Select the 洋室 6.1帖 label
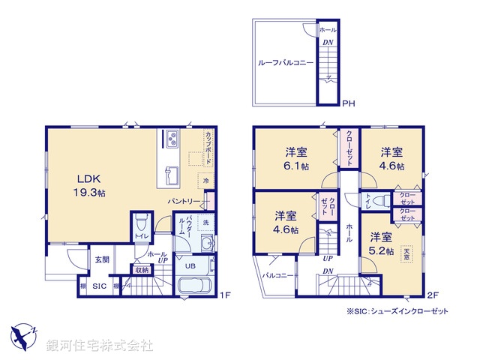point(299,157)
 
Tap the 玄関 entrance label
point(102,259)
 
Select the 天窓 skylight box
point(407,254)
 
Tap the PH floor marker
point(348,103)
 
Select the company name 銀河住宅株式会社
point(99,346)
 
